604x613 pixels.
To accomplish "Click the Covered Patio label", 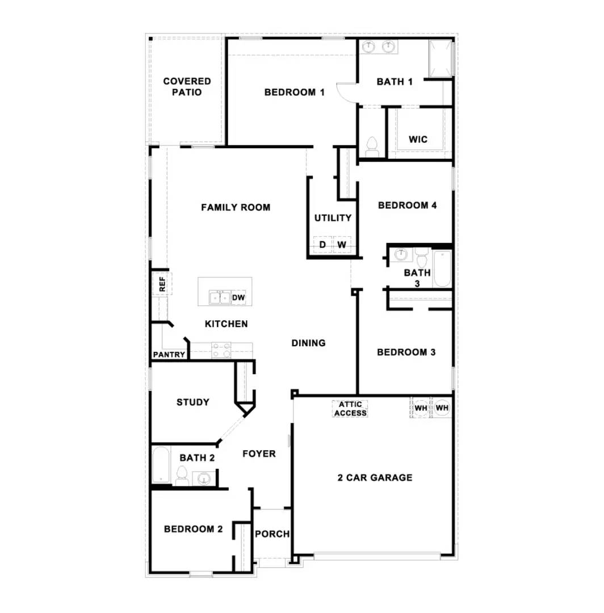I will (187, 87).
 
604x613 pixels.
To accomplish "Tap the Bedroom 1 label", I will (294, 92).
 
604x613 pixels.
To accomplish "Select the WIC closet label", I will (418, 139).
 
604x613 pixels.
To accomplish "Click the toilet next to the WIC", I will (372, 146).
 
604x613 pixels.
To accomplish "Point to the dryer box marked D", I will (322, 245).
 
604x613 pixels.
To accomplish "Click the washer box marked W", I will (342, 245).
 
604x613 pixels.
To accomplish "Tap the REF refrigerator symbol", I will (162, 283).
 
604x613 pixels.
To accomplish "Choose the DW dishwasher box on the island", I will (238, 297).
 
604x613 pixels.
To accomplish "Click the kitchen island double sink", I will (220, 297).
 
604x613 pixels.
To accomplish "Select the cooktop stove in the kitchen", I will (221, 350).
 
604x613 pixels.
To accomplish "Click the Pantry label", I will (169, 355).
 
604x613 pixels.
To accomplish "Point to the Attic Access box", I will (350, 409).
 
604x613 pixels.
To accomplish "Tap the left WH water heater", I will (421, 408).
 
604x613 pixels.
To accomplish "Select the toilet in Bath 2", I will (182, 476).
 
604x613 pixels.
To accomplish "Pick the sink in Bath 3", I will (401, 255).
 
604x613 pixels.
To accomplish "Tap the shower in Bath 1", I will (441, 58).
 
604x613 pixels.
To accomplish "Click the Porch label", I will (272, 534).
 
